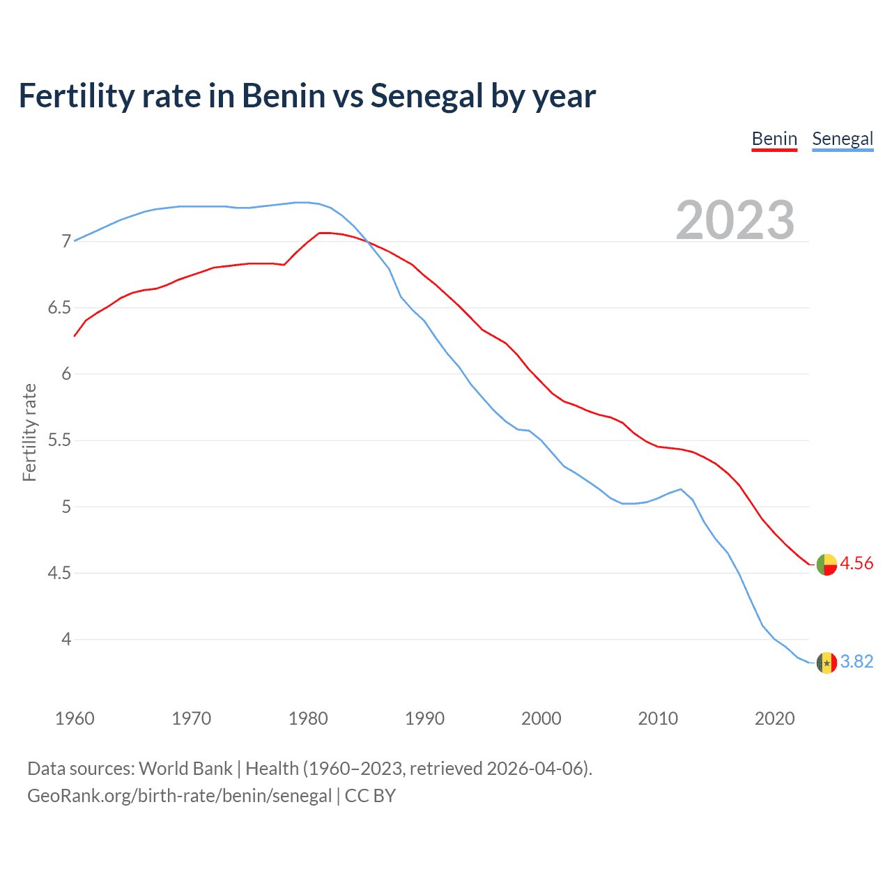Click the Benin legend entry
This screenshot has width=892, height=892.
774,139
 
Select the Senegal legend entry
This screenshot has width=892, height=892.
843,139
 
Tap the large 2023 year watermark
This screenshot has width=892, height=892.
735,220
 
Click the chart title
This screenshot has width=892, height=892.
307,95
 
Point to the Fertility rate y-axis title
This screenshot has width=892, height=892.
29,432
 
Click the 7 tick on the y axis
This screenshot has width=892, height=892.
66,242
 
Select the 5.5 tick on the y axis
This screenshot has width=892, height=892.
59,440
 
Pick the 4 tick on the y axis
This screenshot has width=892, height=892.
66,639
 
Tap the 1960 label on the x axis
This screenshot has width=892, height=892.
75,718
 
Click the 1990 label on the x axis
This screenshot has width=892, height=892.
424,718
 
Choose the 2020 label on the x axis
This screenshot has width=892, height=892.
774,718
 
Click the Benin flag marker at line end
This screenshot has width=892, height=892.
826,564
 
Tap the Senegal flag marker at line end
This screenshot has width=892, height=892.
826,662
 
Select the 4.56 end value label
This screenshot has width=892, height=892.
856,563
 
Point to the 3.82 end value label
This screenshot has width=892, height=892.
856,661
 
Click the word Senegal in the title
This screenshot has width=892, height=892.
426,95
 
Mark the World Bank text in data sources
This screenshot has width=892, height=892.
185,769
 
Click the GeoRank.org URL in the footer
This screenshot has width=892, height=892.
179,796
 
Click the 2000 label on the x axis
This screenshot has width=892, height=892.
541,718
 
